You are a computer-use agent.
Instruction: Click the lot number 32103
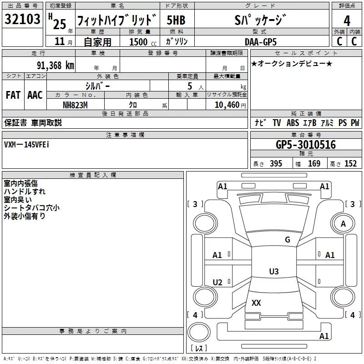22,19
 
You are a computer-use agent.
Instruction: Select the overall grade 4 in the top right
347,20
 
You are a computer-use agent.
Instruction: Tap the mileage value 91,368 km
56,66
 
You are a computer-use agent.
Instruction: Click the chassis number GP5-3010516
306,145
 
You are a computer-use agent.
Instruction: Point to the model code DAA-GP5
261,42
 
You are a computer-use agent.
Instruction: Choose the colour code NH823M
75,105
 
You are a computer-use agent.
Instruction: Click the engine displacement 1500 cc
143,42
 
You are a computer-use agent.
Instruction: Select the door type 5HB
176,20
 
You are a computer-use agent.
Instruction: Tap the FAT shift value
13,95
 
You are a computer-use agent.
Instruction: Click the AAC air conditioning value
35,95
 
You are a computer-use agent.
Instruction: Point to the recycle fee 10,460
227,105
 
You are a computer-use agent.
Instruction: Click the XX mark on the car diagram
256,303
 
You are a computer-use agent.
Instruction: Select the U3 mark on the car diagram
274,271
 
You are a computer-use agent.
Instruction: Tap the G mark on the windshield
288,240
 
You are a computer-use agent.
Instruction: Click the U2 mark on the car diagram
217,282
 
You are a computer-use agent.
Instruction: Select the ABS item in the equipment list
293,123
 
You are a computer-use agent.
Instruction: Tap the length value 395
276,164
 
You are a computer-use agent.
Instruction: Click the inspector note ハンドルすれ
25,192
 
